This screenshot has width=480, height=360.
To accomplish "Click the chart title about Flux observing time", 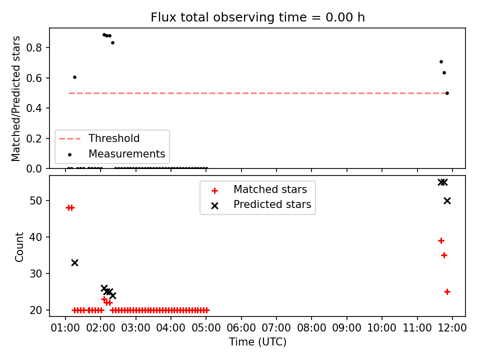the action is click(258, 17).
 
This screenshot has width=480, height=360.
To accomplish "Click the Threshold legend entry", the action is click(99, 138).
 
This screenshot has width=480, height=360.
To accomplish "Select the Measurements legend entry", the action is click(116, 153).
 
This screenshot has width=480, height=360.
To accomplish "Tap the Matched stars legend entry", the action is click(259, 189).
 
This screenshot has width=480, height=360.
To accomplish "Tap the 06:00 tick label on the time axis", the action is click(241, 328).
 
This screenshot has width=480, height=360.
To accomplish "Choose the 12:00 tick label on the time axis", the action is click(452, 328).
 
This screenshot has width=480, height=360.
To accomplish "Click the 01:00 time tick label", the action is click(65, 328).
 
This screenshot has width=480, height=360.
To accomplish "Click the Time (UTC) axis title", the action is click(258, 341).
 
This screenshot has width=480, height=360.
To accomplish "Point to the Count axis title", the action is click(19, 247).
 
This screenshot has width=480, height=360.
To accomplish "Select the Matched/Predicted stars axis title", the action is click(15, 98).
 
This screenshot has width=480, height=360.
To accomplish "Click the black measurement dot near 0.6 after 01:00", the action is click(74, 77).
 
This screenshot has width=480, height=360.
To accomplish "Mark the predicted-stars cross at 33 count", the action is click(74, 262).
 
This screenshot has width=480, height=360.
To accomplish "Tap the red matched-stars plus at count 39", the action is click(441, 241).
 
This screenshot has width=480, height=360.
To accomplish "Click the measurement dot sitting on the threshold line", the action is click(447, 93).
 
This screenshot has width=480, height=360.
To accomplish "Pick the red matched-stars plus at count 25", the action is click(447, 291).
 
